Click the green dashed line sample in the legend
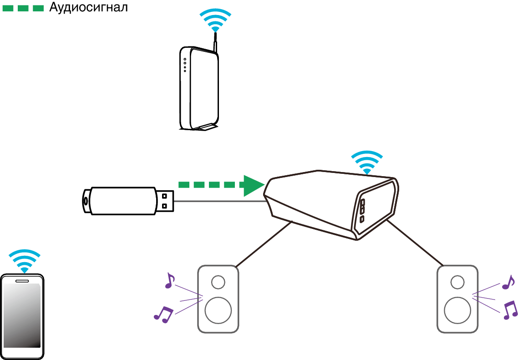(23, 8)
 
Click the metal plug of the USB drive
(166, 200)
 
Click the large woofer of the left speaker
(218, 310)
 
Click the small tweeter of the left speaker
(218, 282)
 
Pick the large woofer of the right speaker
(457, 310)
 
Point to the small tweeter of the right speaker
(457, 282)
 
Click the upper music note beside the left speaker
(169, 280)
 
